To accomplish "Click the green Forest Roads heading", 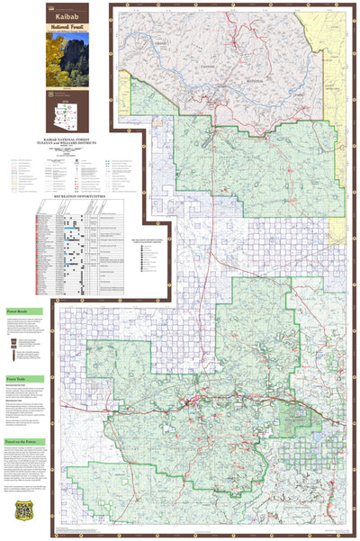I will [20, 308].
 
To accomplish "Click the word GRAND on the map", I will [162, 43].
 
